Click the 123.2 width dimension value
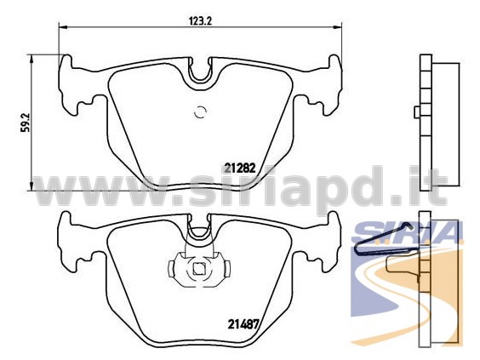tap(201, 20)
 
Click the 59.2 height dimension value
tap(25, 123)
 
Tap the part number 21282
tap(240, 168)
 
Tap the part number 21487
tap(243, 324)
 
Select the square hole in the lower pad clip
tap(199, 269)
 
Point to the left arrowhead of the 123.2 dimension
tap(63, 27)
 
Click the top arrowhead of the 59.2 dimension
tap(31, 60)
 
